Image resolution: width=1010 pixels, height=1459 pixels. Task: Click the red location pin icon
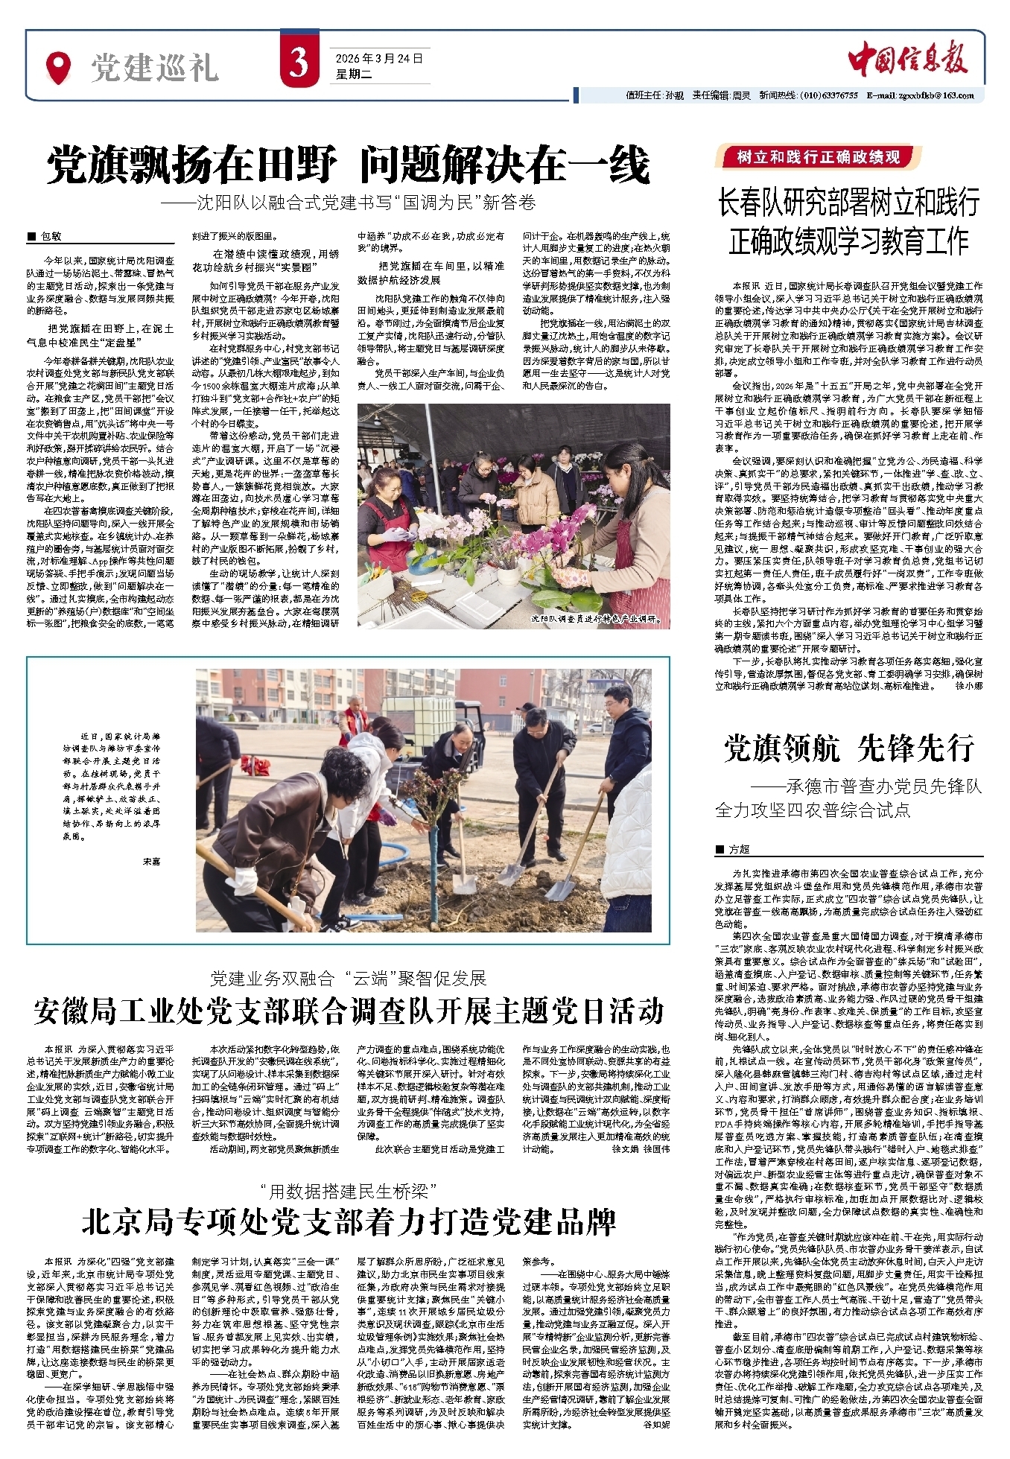click(57, 66)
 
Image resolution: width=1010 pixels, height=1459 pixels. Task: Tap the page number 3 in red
click(299, 63)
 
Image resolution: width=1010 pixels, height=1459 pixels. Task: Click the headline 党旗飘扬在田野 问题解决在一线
click(348, 165)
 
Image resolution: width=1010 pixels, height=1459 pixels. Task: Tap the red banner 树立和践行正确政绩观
click(819, 157)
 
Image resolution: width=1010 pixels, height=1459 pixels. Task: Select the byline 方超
click(738, 849)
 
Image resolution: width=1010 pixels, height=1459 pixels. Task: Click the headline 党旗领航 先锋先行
click(848, 748)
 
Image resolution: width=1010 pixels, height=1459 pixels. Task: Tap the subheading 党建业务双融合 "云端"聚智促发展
click(348, 977)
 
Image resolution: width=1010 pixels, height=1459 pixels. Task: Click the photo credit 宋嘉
click(151, 862)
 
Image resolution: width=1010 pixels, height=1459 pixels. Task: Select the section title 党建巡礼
click(154, 68)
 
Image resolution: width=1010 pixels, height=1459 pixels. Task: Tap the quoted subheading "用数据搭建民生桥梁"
click(348, 1190)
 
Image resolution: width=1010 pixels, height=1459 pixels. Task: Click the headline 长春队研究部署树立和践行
click(848, 203)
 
